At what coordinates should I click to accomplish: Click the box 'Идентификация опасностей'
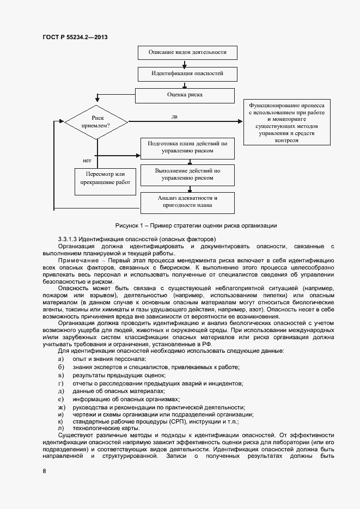pos(187,73)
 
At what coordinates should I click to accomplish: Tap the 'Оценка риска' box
pos(185,95)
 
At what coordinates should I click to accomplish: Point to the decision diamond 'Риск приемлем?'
pos(97,121)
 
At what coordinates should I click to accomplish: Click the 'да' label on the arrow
pos(174,116)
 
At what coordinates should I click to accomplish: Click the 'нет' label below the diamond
pos(87,161)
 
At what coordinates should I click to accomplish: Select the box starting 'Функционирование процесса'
pos(286,122)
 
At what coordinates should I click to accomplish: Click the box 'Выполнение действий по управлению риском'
pos(187,174)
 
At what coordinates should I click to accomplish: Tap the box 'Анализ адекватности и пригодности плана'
pos(187,201)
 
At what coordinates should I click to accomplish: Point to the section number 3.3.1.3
pos(69,239)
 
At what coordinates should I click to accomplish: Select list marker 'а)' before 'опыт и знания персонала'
pos(61,359)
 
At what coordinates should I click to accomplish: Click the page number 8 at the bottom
pos(44,470)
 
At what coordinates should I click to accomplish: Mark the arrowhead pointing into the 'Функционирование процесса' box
pos(240,121)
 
